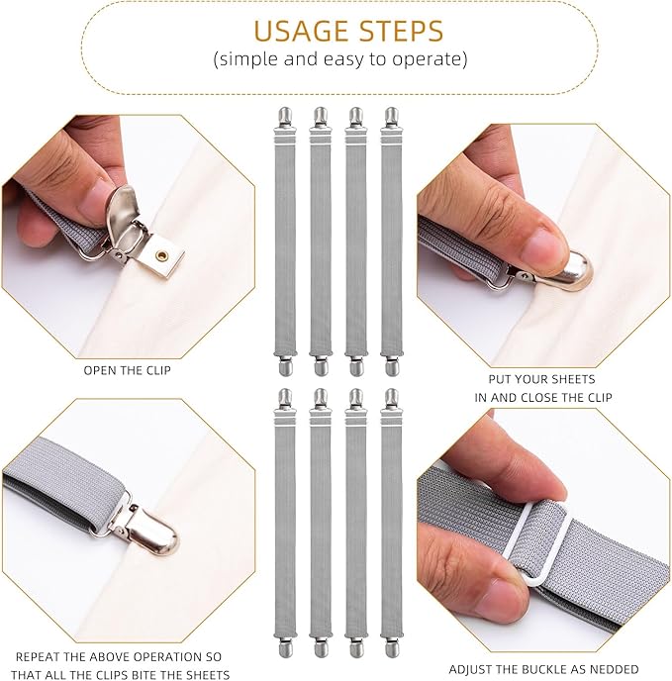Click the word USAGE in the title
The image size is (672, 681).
click(302, 31)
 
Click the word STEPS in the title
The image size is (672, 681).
click(401, 31)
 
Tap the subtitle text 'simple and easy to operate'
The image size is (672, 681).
click(340, 58)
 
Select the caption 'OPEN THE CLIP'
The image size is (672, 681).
click(128, 370)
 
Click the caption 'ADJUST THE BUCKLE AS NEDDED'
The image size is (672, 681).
click(543, 669)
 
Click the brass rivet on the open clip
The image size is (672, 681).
click(163, 255)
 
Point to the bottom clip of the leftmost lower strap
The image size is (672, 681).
click(285, 644)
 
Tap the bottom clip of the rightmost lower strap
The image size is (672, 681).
click(392, 644)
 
